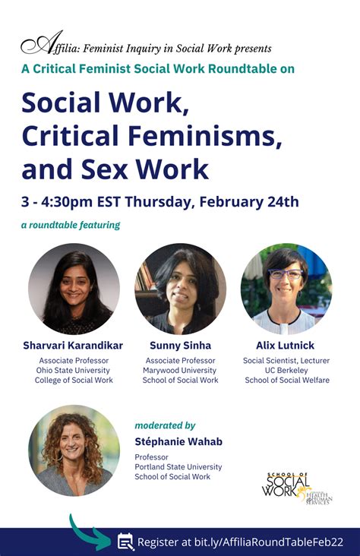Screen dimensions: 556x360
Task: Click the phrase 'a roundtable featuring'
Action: (71, 225)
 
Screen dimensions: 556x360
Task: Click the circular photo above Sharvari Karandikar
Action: (74, 289)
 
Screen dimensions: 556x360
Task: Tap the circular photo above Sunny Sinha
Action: (180, 289)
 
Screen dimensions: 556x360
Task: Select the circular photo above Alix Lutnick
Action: (286, 289)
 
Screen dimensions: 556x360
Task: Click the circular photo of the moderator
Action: (74, 450)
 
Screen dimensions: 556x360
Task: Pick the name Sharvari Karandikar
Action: (74, 346)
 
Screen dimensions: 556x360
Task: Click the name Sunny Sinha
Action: (180, 346)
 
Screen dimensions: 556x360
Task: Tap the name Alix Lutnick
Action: (286, 346)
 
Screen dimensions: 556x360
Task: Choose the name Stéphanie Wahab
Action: (178, 441)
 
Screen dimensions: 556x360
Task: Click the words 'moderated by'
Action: (165, 425)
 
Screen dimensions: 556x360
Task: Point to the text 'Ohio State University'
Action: (74, 370)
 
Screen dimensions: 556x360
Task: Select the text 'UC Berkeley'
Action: (286, 370)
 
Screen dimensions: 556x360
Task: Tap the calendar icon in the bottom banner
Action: (125, 542)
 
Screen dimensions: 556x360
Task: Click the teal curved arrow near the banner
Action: (89, 532)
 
